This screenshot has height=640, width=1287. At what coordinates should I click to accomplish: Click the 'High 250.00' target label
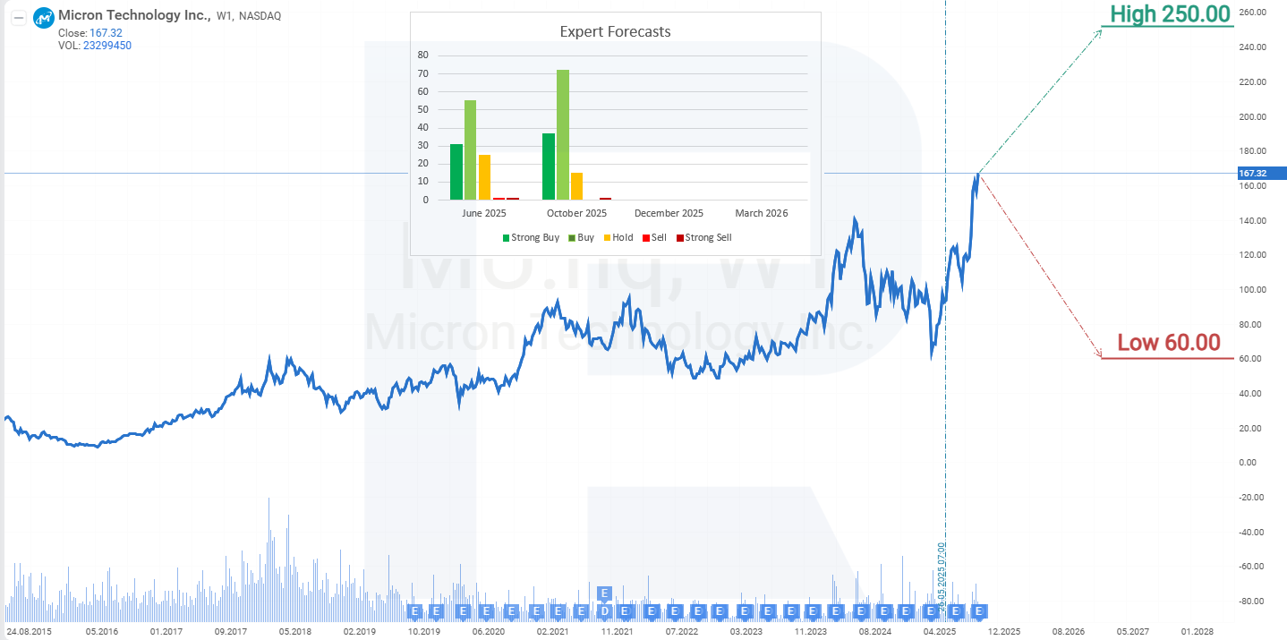[1170, 14]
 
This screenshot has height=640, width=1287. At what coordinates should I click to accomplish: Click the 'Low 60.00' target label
[1168, 343]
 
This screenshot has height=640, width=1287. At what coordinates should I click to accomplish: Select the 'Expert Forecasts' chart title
[615, 32]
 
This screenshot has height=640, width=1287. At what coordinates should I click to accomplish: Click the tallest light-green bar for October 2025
[563, 134]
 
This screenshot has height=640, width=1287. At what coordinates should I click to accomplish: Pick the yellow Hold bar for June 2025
[484, 177]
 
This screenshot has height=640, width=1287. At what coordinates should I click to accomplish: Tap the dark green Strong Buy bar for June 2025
[456, 172]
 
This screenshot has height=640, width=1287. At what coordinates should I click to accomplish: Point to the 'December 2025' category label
[669, 213]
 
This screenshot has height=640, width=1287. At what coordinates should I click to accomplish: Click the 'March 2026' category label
[761, 213]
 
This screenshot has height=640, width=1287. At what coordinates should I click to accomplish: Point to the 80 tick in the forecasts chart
[423, 55]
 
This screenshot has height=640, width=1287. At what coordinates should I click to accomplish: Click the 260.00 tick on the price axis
[1253, 13]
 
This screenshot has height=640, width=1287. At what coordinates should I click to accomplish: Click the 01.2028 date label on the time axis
[1198, 631]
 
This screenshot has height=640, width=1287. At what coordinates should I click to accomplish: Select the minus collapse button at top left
[17, 17]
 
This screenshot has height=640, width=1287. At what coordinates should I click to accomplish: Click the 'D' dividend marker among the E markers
[604, 611]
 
